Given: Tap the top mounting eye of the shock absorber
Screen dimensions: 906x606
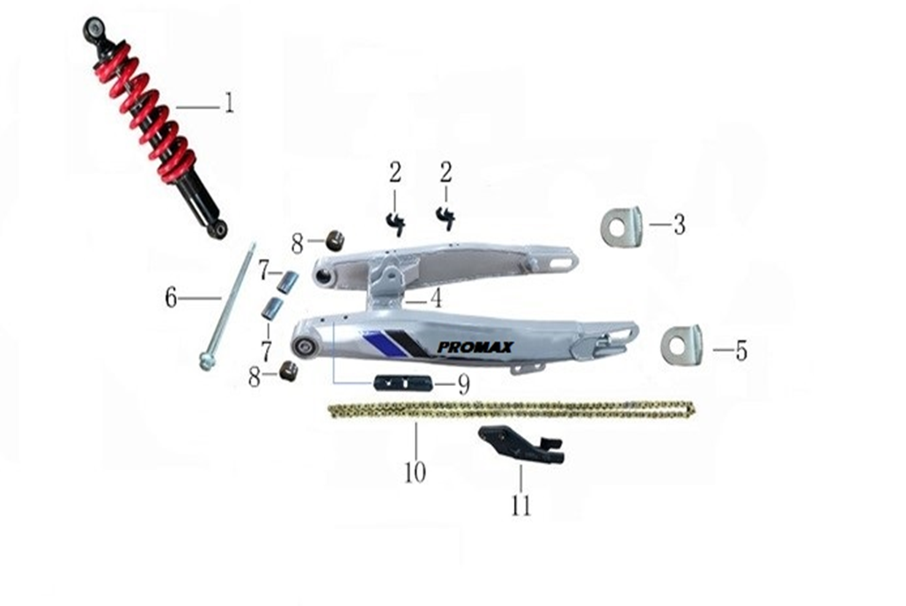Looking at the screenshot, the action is pos(93,27).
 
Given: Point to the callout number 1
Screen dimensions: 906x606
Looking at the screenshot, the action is pos(230,102).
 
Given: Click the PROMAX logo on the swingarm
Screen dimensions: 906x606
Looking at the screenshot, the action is pos(475,348).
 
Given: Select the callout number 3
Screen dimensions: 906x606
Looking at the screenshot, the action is pos(680,224).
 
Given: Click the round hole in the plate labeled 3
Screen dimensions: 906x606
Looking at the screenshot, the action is pos(616,228).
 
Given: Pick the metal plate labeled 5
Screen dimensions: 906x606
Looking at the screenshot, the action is pos(681,345).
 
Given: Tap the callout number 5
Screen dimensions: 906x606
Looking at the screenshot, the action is pos(741,351).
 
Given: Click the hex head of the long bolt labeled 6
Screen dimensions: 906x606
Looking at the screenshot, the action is pos(206,362).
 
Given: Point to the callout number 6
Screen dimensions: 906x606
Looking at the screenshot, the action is pos(171,298).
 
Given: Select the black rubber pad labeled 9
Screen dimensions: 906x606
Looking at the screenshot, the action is pos(403,383).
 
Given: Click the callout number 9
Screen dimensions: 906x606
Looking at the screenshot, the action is pos(464,385).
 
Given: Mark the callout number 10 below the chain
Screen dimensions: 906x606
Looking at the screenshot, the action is pos(415,472).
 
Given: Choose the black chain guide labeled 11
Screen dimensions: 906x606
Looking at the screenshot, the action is pos(521,445).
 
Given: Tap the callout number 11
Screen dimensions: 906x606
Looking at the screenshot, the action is pos(520,505).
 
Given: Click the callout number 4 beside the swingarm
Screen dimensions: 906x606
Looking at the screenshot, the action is pos(436,298).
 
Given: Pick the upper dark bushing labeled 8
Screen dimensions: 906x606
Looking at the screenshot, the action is pos(335,240).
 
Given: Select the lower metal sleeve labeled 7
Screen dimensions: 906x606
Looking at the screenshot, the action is pos(271,309).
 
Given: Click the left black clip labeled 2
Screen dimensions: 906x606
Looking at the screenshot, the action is pos(396,223).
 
